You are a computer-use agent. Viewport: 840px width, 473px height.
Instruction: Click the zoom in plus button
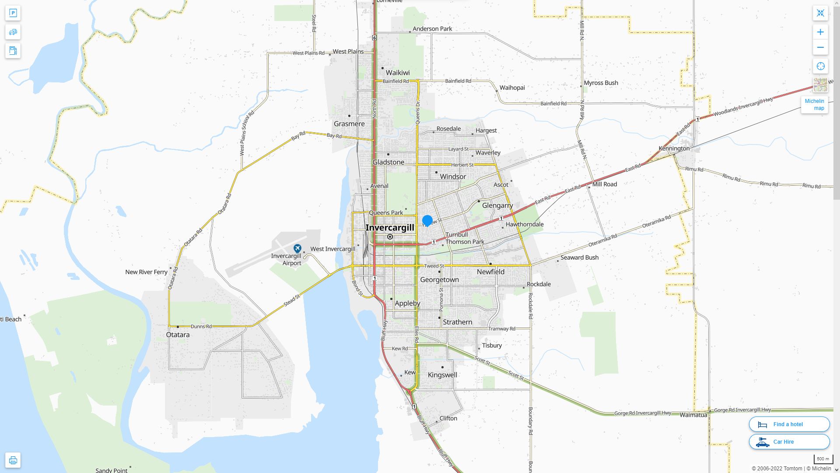(820, 32)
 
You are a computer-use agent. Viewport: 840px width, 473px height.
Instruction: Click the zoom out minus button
(820, 47)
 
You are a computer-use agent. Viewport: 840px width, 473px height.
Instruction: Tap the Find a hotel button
(789, 424)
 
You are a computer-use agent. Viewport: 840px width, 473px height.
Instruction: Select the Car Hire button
(789, 441)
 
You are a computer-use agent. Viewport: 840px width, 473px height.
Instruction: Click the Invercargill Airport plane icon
(297, 248)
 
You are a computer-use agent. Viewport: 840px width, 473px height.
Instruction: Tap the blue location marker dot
(427, 220)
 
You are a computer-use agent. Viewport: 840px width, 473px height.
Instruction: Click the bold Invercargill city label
(389, 228)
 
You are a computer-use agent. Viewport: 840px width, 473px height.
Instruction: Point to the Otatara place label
(178, 335)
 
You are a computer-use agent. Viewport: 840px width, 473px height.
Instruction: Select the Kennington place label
(674, 148)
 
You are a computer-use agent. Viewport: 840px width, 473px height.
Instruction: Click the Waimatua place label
(693, 415)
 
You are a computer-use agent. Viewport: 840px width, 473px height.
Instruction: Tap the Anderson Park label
(432, 29)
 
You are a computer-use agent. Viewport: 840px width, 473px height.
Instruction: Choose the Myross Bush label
(601, 83)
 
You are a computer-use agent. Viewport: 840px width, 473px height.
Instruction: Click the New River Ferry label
(146, 272)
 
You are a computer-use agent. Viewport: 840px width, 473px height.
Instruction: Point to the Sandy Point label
(112, 470)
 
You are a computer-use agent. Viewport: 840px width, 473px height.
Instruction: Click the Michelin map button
(814, 104)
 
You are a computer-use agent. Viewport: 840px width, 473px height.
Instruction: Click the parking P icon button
(13, 13)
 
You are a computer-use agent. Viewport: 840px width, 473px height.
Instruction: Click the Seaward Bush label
(579, 258)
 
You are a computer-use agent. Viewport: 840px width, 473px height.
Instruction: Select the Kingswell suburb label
(442, 375)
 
